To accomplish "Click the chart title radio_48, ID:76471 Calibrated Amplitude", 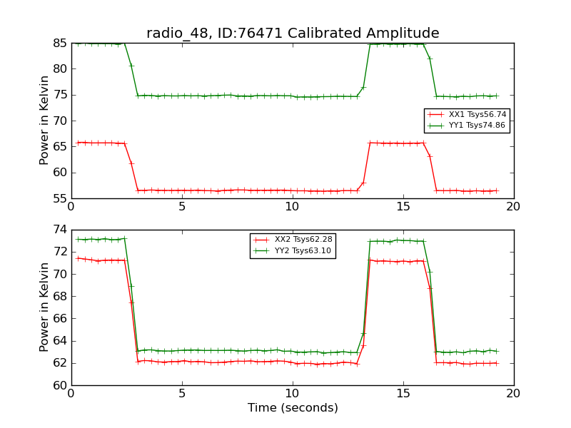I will (293, 34).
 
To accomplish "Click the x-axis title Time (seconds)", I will (293, 408).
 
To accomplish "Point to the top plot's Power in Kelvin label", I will (45, 121).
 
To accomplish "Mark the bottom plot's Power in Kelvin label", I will (45, 307).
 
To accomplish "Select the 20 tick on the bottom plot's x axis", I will (513, 393).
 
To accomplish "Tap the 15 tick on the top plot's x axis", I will (403, 207).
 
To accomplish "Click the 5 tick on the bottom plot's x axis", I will (182, 393).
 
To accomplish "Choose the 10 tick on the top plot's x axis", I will (293, 207).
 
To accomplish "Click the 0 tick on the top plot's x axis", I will (71, 207).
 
